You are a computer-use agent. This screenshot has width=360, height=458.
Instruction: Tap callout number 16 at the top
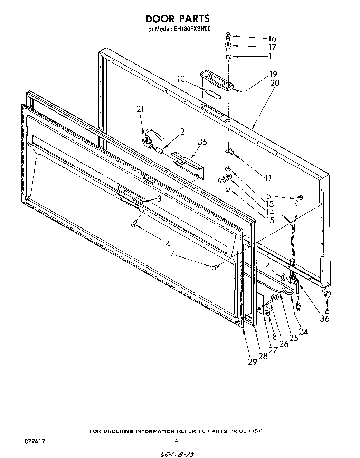[x=272, y=38]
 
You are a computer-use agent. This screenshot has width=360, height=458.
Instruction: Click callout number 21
[x=140, y=109]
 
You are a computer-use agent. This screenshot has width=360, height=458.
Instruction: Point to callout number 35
[x=202, y=142]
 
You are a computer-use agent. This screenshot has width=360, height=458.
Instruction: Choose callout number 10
[x=181, y=79]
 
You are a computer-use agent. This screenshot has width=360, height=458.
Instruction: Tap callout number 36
[x=324, y=318]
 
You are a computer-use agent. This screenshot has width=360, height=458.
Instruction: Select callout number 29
[x=252, y=361]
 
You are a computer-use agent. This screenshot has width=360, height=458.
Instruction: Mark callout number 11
[x=268, y=178]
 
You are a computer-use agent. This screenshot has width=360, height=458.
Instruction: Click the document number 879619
[x=35, y=441]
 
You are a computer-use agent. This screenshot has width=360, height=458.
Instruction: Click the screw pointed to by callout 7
[x=215, y=267]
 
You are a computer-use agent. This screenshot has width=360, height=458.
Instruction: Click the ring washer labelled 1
[x=228, y=57]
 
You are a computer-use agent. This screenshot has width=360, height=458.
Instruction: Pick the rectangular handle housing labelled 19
[x=215, y=80]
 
